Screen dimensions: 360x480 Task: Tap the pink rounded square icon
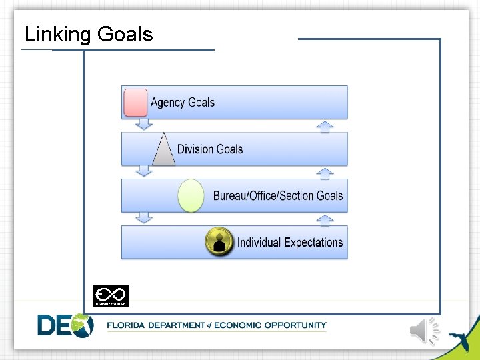136,102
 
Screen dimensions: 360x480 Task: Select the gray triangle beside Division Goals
163,150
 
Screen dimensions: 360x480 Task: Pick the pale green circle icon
191,196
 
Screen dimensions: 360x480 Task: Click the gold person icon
219,241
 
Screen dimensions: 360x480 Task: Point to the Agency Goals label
183,103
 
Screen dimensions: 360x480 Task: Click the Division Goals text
210,149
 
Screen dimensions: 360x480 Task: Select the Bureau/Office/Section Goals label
278,196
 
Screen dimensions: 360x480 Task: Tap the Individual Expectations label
290,243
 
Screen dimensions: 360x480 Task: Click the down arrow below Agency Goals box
143,125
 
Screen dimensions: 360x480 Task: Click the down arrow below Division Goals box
143,171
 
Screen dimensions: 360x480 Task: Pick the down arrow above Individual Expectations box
143,218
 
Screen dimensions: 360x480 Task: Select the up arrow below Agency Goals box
325,126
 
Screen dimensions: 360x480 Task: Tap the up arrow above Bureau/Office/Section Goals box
325,173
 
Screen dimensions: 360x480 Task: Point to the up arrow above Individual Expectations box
325,219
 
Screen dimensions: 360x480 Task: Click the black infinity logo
111,295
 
